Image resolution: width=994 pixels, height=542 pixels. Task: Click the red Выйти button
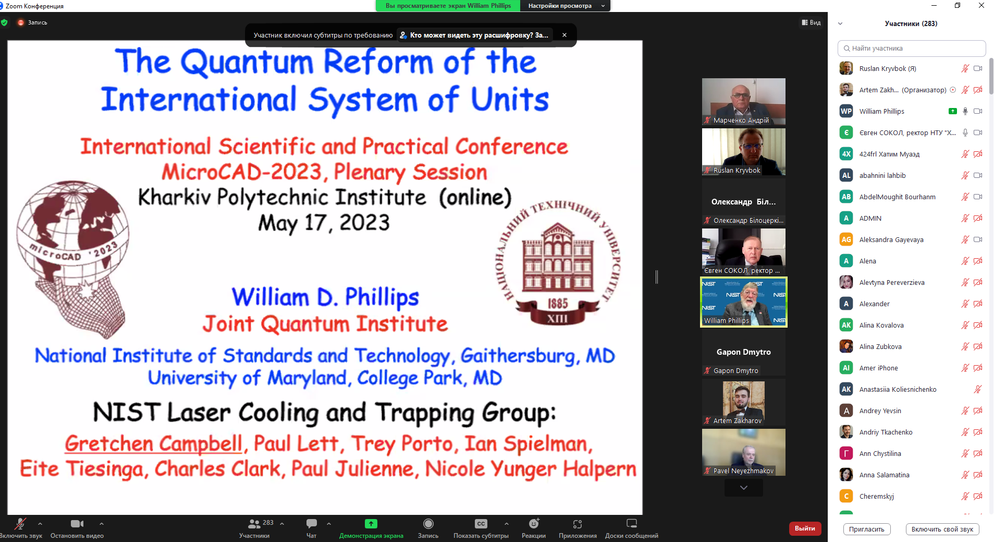coord(805,528)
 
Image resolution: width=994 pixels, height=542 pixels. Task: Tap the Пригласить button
coord(867,529)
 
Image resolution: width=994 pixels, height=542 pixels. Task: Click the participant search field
coord(912,49)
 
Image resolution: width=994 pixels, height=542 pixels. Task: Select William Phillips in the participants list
coord(882,111)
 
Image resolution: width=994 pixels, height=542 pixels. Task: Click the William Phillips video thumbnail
coord(743,302)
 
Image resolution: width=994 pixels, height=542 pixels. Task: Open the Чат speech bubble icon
coord(312,523)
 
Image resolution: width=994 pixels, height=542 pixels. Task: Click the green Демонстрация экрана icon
coord(371,523)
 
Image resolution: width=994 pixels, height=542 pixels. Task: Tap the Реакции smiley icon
coord(534,523)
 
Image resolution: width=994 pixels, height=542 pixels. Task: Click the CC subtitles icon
coord(481,523)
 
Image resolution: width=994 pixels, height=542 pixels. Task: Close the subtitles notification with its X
coord(565,35)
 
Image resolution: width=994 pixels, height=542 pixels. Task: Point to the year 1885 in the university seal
coord(557,304)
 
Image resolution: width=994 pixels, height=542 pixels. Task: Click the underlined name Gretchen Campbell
coord(154,444)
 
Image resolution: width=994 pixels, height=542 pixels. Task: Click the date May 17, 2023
coord(324,223)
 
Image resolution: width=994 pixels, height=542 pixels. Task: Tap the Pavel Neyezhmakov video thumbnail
coord(743,452)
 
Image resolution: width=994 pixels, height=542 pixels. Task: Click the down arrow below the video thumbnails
coord(744,488)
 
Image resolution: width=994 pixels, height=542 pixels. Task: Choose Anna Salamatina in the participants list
coord(885,475)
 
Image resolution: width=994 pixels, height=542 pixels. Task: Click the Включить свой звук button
coord(942,529)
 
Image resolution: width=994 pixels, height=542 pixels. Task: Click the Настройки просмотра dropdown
coord(566,6)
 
